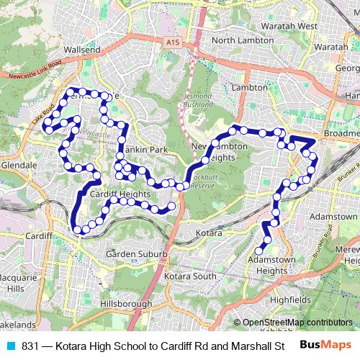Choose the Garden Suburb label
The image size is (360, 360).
click(136, 254)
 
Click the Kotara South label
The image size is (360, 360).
click(189, 276)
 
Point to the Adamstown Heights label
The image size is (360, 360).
click(266, 264)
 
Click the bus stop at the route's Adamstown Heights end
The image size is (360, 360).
click(259, 251)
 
